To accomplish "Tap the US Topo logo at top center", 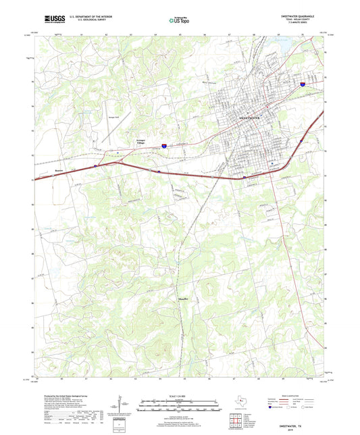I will click(x=178, y=20).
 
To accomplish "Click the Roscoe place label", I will click(x=59, y=171).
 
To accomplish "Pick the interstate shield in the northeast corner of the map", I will click(x=302, y=84).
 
